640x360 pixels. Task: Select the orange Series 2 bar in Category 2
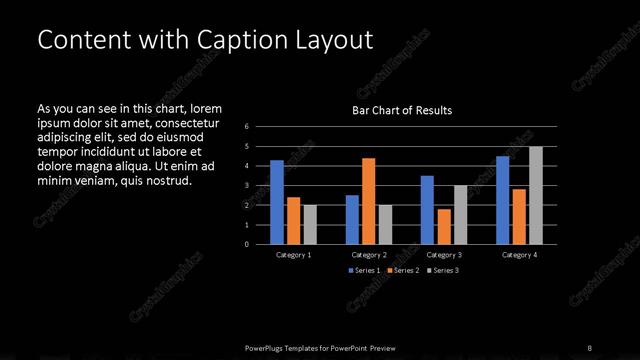369,201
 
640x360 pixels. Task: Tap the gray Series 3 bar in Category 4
535,195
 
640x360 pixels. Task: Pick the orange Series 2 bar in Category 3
444,226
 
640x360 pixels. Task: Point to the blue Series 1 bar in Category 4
503,200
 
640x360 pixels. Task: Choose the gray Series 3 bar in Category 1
310,224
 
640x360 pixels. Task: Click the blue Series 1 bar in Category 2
352,219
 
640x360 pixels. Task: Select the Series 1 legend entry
364,271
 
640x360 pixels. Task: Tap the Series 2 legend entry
404,271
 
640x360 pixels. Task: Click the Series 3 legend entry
444,271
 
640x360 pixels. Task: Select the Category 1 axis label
293,255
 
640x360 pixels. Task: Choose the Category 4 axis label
519,255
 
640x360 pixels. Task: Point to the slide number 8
589,347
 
